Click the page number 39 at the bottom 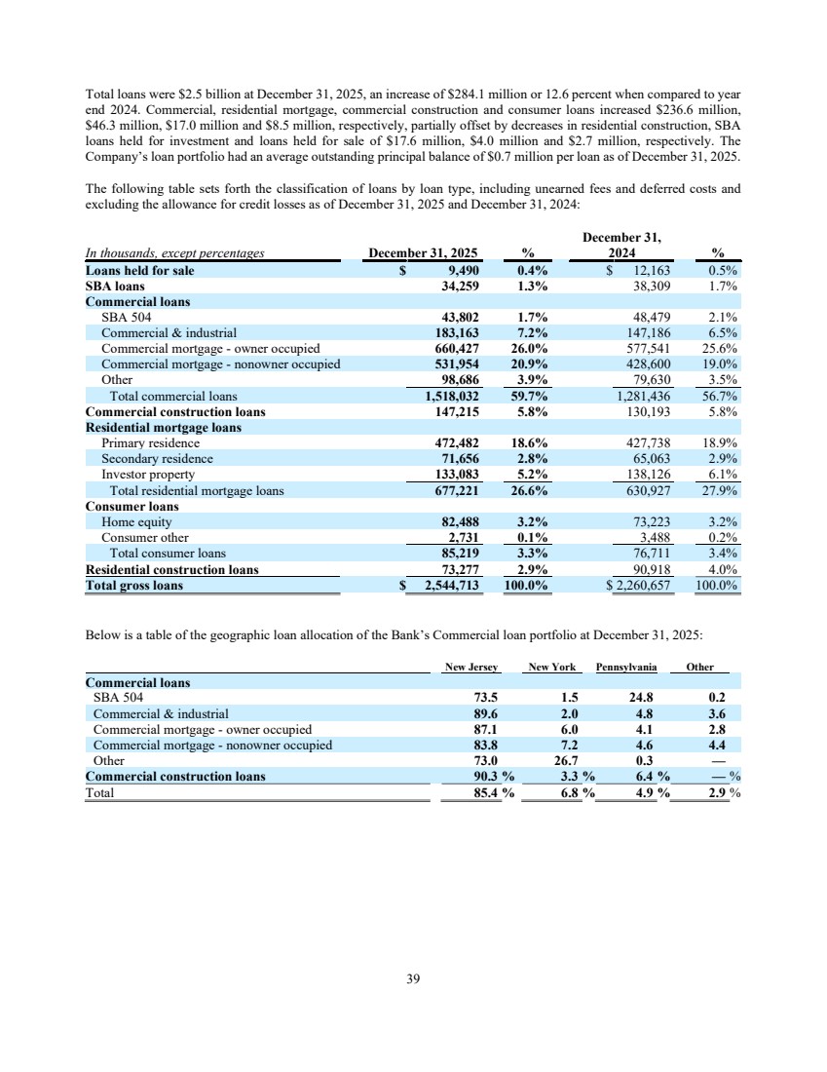coord(413,979)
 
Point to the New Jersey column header coord(471,668)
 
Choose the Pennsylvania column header coord(626,668)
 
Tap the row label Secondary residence coord(157,459)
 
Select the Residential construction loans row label coord(172,570)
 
